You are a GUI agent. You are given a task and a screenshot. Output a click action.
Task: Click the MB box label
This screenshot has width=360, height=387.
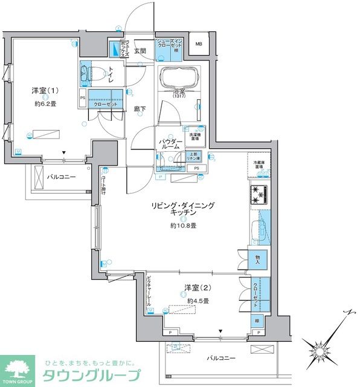199,43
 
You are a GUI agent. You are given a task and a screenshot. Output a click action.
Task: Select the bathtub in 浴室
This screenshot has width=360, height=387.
178,78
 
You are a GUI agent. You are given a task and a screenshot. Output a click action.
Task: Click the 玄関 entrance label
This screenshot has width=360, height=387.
140,51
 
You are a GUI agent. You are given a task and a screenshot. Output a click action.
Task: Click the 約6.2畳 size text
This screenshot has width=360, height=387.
46,105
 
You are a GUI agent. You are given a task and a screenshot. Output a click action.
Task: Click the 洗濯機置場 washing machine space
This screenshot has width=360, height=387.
195,136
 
